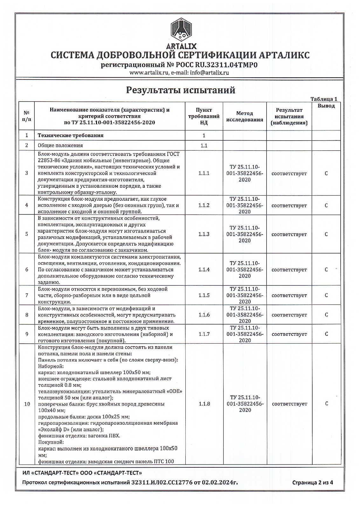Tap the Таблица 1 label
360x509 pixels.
click(x=323, y=99)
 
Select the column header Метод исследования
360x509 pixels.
click(x=245, y=116)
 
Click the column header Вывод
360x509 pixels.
click(x=326, y=106)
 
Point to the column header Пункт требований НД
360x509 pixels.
click(x=204, y=116)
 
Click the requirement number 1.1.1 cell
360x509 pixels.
click(x=204, y=173)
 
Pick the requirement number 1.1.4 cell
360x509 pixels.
click(x=204, y=270)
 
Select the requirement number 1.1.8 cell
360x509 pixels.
click(x=204, y=404)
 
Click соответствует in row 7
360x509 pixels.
click(x=289, y=296)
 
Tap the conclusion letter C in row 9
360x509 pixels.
click(x=326, y=334)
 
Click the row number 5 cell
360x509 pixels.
click(x=27, y=234)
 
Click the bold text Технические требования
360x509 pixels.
click(x=71, y=136)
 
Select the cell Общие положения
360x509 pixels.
click(x=60, y=145)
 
